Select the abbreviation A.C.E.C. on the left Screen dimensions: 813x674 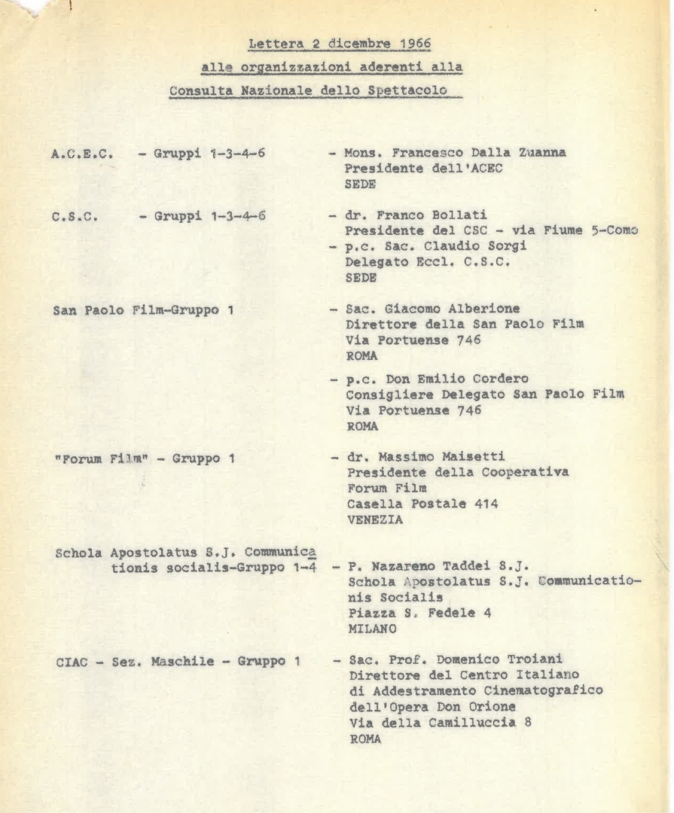point(83,154)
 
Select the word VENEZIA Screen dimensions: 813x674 point(374,519)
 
